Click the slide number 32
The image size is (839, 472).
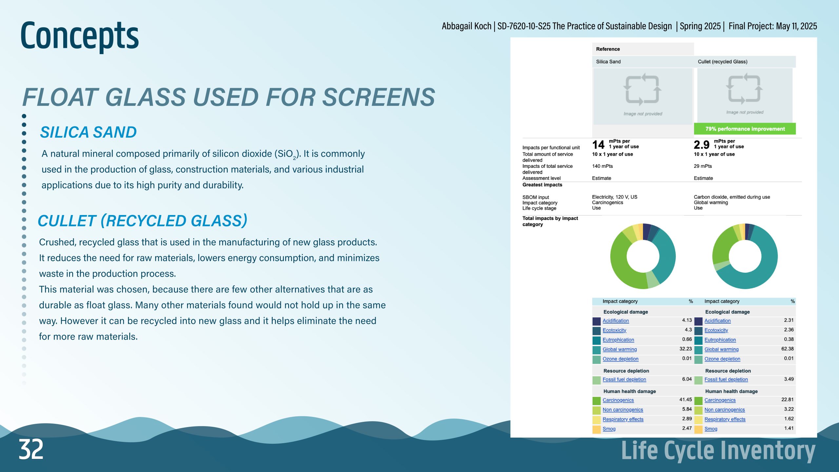click(x=31, y=449)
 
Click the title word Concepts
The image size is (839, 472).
click(x=80, y=35)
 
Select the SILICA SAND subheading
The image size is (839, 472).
click(x=88, y=132)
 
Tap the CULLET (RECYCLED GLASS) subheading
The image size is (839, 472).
click(x=143, y=221)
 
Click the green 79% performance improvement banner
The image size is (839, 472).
click(x=745, y=129)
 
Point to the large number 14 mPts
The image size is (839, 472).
click(x=598, y=145)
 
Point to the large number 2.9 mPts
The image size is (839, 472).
click(x=701, y=145)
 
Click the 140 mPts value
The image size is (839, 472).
click(x=602, y=166)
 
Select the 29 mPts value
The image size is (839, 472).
click(x=703, y=166)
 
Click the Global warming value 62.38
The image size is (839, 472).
click(x=787, y=349)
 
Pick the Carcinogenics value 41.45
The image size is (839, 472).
click(x=685, y=400)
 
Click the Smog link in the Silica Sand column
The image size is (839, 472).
click(x=609, y=429)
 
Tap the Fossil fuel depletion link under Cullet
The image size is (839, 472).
click(x=726, y=379)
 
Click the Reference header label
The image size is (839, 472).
click(x=608, y=49)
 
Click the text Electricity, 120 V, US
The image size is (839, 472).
click(x=615, y=197)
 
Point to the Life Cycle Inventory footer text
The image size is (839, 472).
click(x=718, y=451)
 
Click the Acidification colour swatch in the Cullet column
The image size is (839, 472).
click(x=698, y=321)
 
